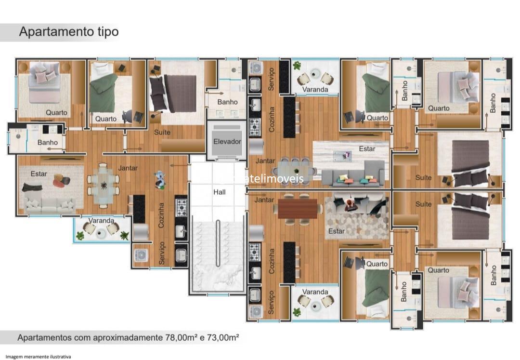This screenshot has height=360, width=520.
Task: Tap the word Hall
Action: coord(219,191)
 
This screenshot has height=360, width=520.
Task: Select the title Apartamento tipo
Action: coord(68,32)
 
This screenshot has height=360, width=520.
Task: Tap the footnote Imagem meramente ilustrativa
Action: coord(38,357)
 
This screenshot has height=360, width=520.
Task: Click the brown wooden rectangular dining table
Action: coord(298,208)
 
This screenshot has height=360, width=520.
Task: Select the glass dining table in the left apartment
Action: coord(103,184)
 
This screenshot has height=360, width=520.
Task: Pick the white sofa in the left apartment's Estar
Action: coord(50,205)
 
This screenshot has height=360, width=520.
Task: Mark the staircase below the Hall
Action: coord(218,255)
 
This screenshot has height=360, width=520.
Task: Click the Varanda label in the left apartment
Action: coord(101,221)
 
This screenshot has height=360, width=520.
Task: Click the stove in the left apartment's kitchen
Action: coord(181,208)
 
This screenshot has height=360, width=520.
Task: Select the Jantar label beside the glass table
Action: coord(128,168)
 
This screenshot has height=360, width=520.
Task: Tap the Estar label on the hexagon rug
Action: coord(336,231)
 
